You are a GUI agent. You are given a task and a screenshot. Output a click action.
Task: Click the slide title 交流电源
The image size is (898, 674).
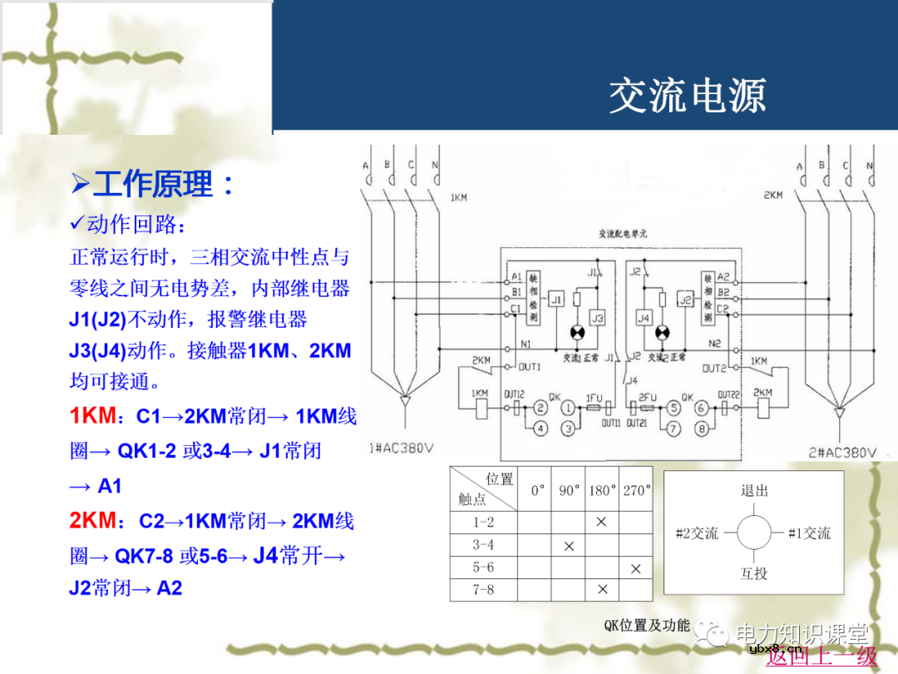(x=687, y=96)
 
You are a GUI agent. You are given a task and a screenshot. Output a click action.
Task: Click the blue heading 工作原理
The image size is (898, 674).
(x=153, y=184)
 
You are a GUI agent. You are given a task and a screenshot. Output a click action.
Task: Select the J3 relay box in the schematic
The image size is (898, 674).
(x=597, y=319)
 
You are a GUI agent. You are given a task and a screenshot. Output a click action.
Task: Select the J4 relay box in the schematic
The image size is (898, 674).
(x=644, y=319)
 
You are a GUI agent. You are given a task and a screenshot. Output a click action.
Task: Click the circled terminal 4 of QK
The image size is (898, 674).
(x=540, y=429)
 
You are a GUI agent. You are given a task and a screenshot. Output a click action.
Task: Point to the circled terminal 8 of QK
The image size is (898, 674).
(x=702, y=429)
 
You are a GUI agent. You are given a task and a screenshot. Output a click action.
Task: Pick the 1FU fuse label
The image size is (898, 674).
(x=594, y=399)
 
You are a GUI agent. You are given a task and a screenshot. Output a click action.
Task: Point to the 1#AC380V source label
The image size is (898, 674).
(x=402, y=449)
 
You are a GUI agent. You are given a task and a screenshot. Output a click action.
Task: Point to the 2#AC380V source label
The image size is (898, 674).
(x=842, y=452)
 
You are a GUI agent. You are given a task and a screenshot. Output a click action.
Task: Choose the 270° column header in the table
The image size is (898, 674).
(x=636, y=490)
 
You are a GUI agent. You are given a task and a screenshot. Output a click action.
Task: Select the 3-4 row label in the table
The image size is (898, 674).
(x=482, y=545)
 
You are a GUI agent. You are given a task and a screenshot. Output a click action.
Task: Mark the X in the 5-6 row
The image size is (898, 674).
(x=636, y=568)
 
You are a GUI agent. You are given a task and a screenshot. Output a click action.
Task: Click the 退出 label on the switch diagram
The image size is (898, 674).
(x=753, y=490)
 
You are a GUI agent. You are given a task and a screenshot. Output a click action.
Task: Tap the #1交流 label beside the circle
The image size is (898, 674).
(x=808, y=533)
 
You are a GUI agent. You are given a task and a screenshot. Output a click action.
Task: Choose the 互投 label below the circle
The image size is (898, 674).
(x=753, y=573)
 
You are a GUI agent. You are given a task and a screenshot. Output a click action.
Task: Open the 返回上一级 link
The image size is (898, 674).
(x=821, y=657)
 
